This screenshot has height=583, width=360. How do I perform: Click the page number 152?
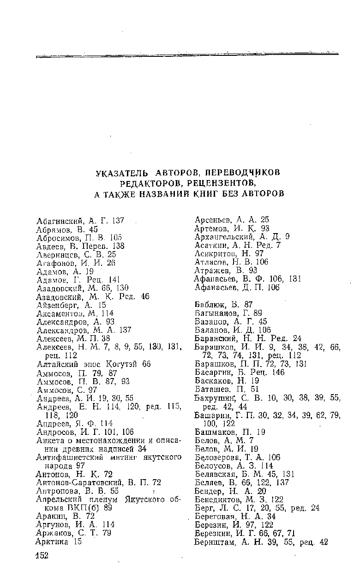(42, 555)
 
